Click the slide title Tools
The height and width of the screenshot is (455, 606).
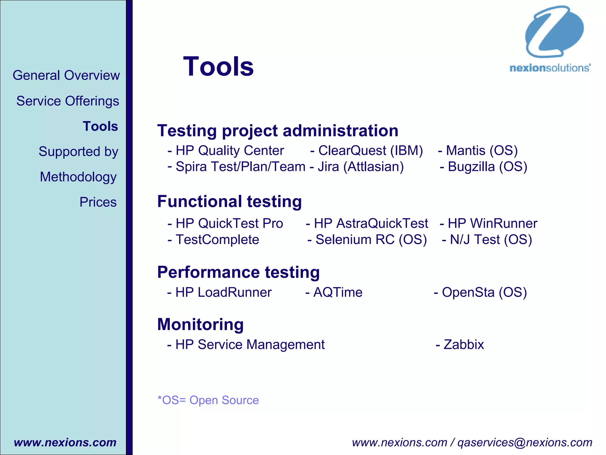[x=218, y=67]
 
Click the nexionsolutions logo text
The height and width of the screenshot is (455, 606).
[x=550, y=68]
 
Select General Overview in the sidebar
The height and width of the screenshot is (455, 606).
[x=66, y=75]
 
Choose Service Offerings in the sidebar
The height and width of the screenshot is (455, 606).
[x=67, y=101]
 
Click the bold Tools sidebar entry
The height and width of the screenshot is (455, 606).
[x=100, y=126]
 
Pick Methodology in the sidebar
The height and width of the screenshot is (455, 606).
[x=78, y=177]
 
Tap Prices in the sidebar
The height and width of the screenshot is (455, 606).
[x=98, y=202]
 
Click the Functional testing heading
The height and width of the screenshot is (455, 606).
[x=229, y=201]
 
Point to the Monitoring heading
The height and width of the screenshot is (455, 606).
[x=200, y=324]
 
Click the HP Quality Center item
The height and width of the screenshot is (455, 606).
[x=229, y=150]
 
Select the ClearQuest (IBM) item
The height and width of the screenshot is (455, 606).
[x=370, y=150]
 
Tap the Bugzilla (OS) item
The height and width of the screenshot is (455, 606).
[x=487, y=166]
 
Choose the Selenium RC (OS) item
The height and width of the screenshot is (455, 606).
[x=371, y=239]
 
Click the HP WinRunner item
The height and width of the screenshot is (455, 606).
[x=492, y=223]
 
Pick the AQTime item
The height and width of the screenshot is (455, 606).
[x=337, y=292]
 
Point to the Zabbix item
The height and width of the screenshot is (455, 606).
[x=463, y=345]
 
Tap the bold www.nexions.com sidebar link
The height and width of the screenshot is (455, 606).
[x=65, y=442]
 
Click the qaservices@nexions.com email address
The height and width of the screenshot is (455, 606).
[x=525, y=442]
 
